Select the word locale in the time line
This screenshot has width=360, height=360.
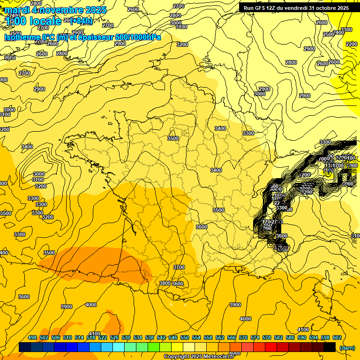click(45, 21)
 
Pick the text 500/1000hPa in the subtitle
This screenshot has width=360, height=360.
click(138, 37)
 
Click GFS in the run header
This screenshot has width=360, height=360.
click(261, 8)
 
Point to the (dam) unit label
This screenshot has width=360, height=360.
click(347, 347)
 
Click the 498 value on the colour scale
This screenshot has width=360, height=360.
click(32, 337)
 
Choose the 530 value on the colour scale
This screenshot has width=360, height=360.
click(126, 337)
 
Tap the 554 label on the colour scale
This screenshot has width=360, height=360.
click(196, 337)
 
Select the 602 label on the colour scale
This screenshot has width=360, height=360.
click(337, 337)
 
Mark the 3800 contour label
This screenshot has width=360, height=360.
click(165, 283)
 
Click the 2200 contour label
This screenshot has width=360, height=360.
click(351, 44)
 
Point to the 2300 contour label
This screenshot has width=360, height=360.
click(346, 30)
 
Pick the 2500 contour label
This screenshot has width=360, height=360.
click(329, 34)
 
